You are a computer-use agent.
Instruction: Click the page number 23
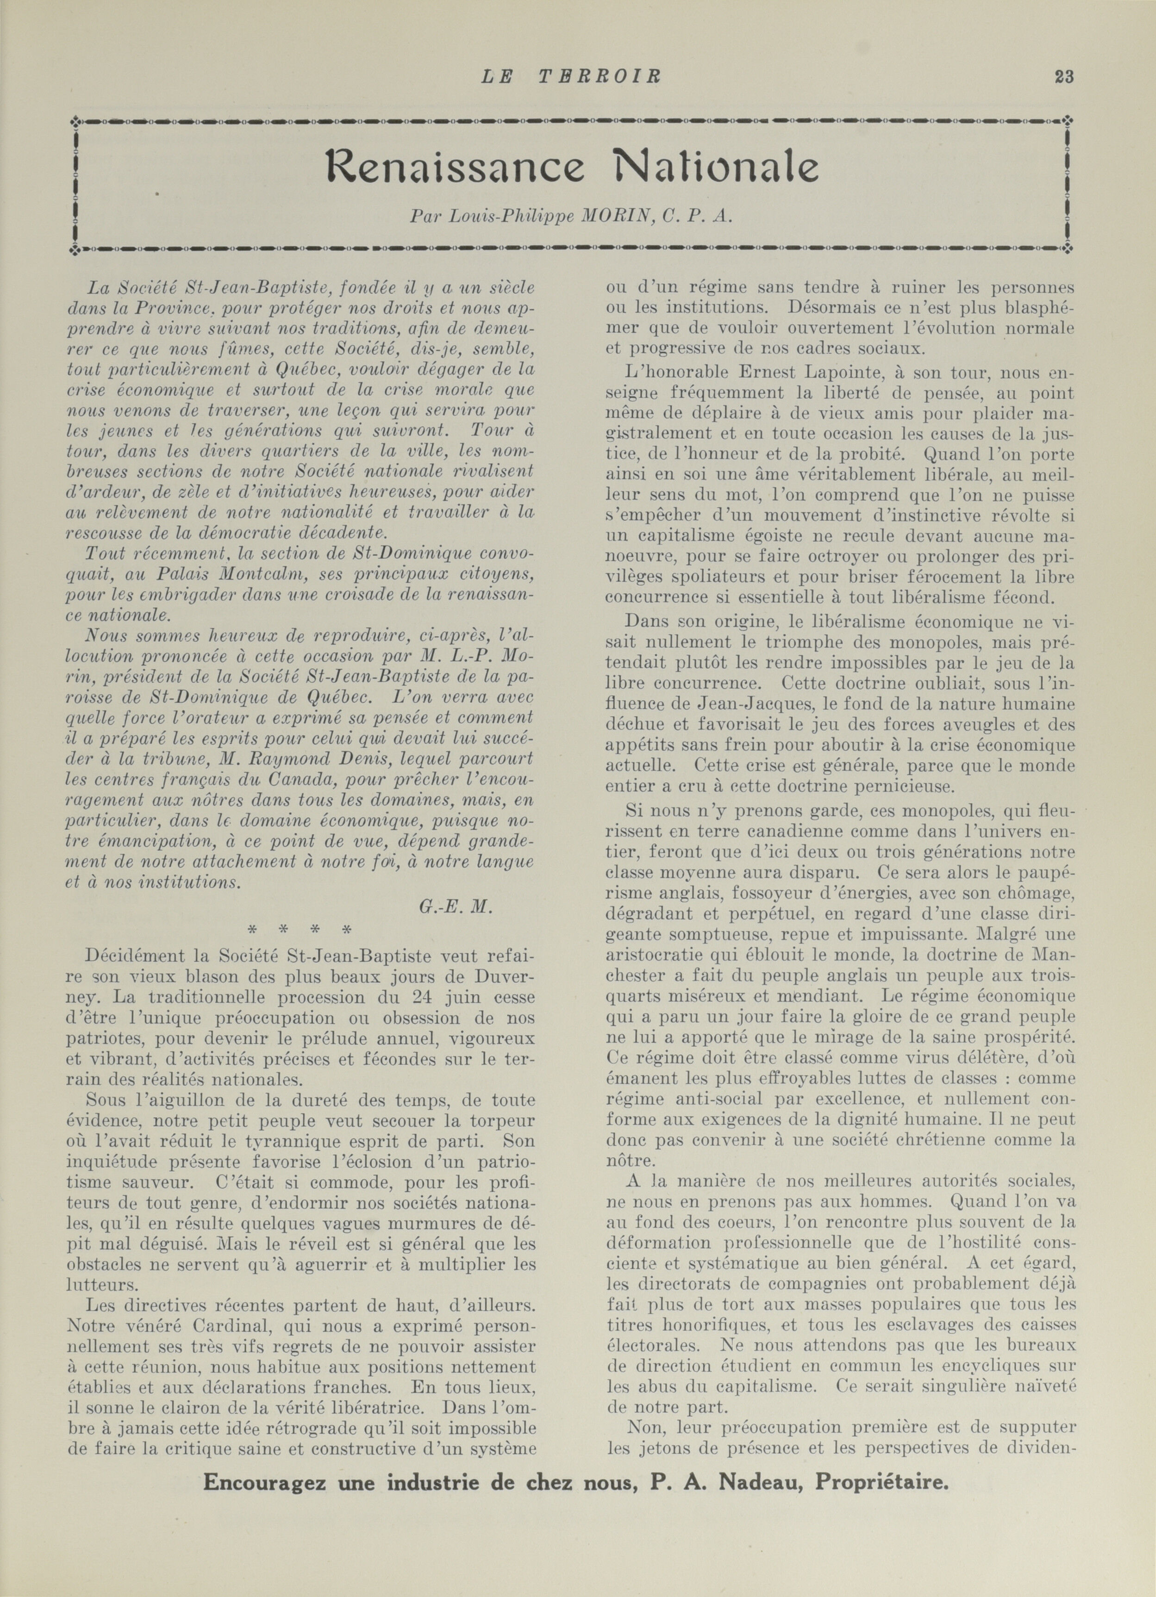tap(1064, 77)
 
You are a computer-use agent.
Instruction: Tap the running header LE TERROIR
tap(571, 77)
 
